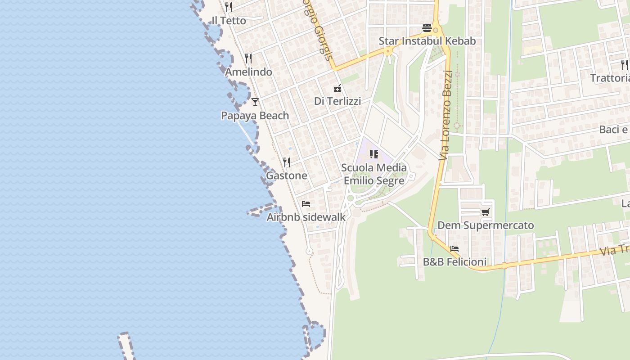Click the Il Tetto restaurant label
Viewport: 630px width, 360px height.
pyautogui.click(x=229, y=21)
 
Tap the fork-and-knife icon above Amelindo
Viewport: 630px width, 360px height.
pyautogui.click(x=248, y=58)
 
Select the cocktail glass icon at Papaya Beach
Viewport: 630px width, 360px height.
pyautogui.click(x=255, y=102)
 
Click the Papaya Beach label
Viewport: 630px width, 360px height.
pyautogui.click(x=255, y=116)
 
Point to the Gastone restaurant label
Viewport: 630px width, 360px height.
pyautogui.click(x=287, y=175)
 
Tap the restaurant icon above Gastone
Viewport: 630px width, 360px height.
pyautogui.click(x=287, y=162)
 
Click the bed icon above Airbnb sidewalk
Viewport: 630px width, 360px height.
pyautogui.click(x=306, y=203)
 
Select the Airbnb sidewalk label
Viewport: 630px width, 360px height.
pyautogui.click(x=306, y=217)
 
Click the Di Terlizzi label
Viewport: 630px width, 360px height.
pyautogui.click(x=337, y=101)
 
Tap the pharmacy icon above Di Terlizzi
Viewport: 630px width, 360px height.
pyautogui.click(x=337, y=88)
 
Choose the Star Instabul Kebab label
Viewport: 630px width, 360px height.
pyautogui.click(x=427, y=41)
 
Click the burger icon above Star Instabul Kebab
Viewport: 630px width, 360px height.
pyautogui.click(x=427, y=28)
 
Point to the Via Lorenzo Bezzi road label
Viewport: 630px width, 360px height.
pyautogui.click(x=445, y=115)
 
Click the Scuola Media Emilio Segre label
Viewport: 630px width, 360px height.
pyautogui.click(x=374, y=174)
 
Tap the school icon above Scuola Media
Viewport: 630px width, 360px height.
pyautogui.click(x=374, y=154)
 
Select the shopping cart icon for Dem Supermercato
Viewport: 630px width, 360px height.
pyautogui.click(x=485, y=212)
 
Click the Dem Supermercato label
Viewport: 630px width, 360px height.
pyautogui.click(x=486, y=225)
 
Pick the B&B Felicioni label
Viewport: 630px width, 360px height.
pyautogui.click(x=454, y=262)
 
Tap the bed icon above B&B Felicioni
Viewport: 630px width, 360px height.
pyautogui.click(x=454, y=248)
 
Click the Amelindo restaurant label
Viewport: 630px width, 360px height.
pyautogui.click(x=248, y=72)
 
